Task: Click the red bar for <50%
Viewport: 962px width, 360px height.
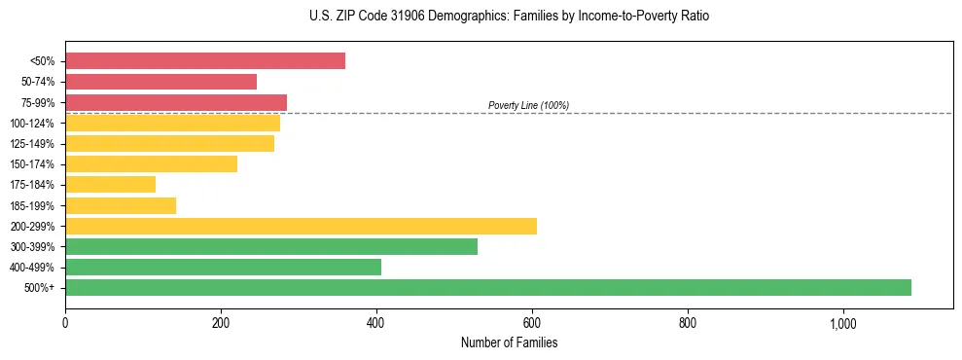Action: pos(205,61)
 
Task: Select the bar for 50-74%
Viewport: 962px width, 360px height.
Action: pos(160,82)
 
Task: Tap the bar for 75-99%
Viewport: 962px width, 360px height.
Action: pos(176,102)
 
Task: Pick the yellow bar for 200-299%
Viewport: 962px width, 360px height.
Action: pos(301,226)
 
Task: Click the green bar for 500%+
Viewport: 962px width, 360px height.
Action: pos(488,287)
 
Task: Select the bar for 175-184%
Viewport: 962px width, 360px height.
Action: pos(110,185)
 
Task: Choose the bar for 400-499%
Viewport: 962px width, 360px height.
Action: pos(223,267)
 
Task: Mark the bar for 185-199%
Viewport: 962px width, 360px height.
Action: pos(121,205)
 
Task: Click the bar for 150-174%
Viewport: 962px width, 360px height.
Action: pos(151,164)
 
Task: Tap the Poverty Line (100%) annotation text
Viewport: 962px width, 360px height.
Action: pos(528,105)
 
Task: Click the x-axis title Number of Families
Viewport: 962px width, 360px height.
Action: pos(509,342)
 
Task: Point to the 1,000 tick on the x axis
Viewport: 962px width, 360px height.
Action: pos(842,324)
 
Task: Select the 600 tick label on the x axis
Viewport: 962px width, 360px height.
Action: pos(532,324)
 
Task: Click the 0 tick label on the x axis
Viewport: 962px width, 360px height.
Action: pos(65,324)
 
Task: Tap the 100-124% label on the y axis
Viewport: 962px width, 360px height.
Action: pos(32,124)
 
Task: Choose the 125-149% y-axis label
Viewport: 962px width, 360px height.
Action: pos(32,144)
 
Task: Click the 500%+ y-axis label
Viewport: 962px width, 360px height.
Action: pos(39,288)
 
